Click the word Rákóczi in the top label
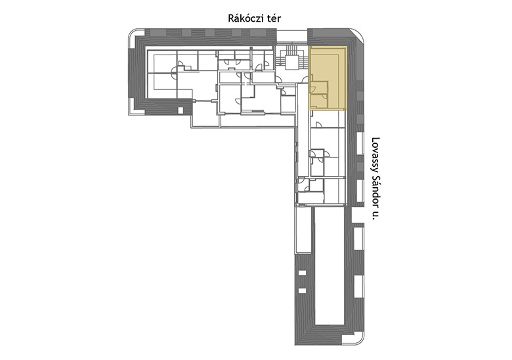coord(244,18)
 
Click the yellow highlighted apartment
coord(328,78)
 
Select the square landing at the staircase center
coord(291,62)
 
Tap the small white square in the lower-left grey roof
coord(181,110)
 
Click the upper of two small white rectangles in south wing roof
coord(302,273)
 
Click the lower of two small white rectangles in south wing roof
coord(302,290)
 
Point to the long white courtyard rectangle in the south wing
coord(329,266)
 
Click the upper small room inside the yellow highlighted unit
coord(319,87)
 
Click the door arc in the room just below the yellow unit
coord(319,124)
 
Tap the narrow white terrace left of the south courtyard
coord(303,230)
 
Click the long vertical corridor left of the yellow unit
coord(303,144)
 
